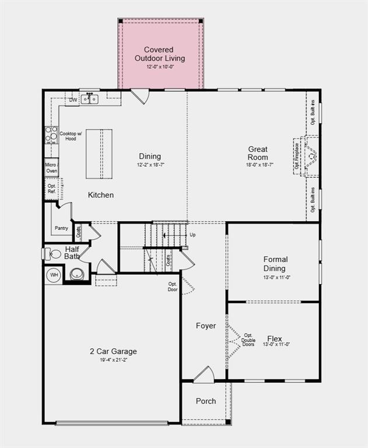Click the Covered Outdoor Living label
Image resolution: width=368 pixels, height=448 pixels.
(160, 54)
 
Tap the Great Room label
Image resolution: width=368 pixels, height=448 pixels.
(258, 153)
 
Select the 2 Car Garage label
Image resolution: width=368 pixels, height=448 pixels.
(113, 351)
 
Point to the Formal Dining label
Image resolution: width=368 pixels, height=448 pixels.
(275, 264)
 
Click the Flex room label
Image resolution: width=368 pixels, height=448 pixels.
(275, 338)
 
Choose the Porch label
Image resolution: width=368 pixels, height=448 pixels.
(205, 401)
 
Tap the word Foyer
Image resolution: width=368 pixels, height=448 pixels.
(205, 325)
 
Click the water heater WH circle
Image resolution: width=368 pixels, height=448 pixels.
(54, 275)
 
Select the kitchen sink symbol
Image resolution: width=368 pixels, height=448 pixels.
(89, 99)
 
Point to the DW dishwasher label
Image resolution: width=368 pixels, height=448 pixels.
(73, 100)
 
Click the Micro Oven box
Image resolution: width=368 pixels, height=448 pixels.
(51, 168)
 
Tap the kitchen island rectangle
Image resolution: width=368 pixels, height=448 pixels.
(99, 154)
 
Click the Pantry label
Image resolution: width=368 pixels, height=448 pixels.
(61, 228)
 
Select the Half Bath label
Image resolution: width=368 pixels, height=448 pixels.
(72, 253)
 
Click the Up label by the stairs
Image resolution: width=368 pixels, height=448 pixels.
(193, 235)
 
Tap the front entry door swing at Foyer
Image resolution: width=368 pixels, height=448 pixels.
(204, 375)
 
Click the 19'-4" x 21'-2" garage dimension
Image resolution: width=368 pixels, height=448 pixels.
(113, 360)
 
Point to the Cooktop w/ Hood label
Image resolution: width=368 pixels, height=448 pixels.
(68, 136)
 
